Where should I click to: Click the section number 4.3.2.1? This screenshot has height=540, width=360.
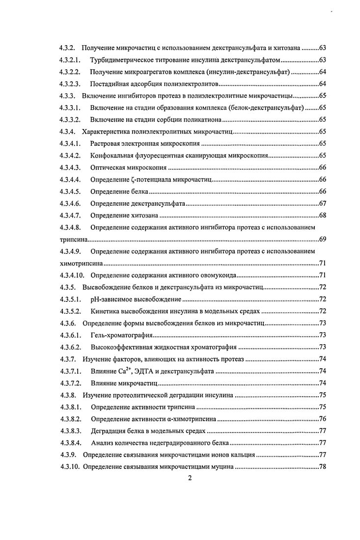71,60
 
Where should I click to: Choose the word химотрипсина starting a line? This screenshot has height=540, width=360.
75,263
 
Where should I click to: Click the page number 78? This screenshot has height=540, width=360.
323,466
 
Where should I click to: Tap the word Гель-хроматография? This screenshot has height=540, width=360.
121,335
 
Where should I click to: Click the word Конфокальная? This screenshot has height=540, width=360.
112,156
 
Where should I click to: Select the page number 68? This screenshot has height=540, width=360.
323,216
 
